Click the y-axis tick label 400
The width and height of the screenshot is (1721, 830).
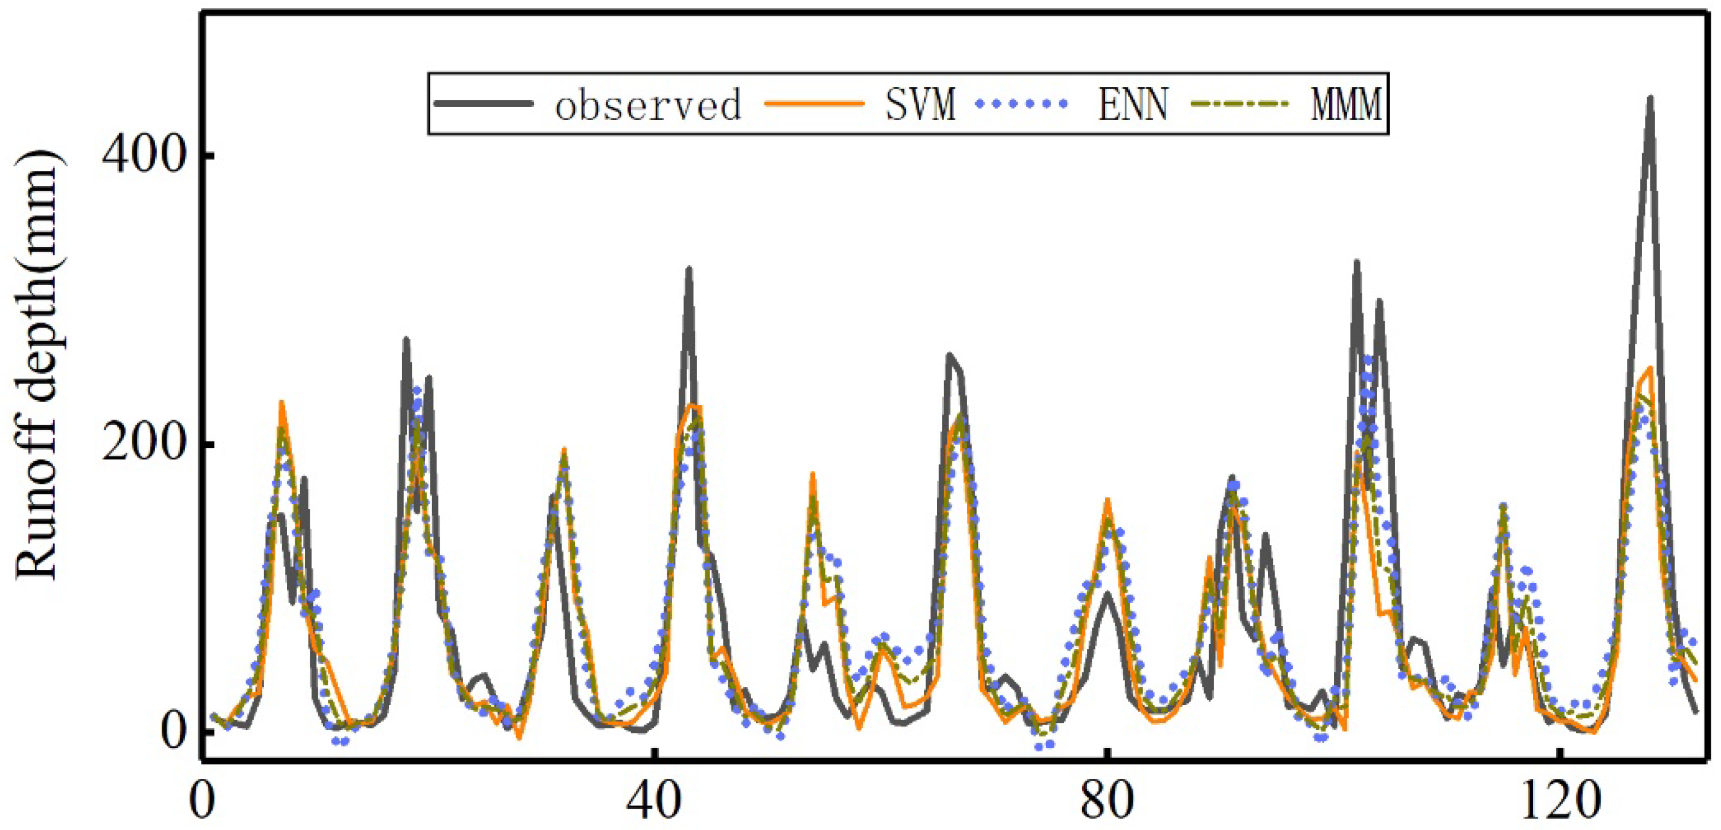click(x=142, y=156)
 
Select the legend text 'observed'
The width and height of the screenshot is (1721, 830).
click(x=648, y=105)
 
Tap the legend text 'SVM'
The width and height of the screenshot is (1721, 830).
click(x=921, y=105)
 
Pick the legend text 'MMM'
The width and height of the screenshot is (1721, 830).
click(x=1345, y=105)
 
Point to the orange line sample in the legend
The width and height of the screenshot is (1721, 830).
click(x=814, y=103)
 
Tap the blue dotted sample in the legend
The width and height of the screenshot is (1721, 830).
click(x=1022, y=103)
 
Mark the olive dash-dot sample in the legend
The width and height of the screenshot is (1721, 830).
click(x=1239, y=103)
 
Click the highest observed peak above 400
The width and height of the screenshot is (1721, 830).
click(x=1650, y=98)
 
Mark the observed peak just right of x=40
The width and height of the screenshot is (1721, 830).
click(x=689, y=270)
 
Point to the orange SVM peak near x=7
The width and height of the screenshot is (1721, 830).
click(x=281, y=403)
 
